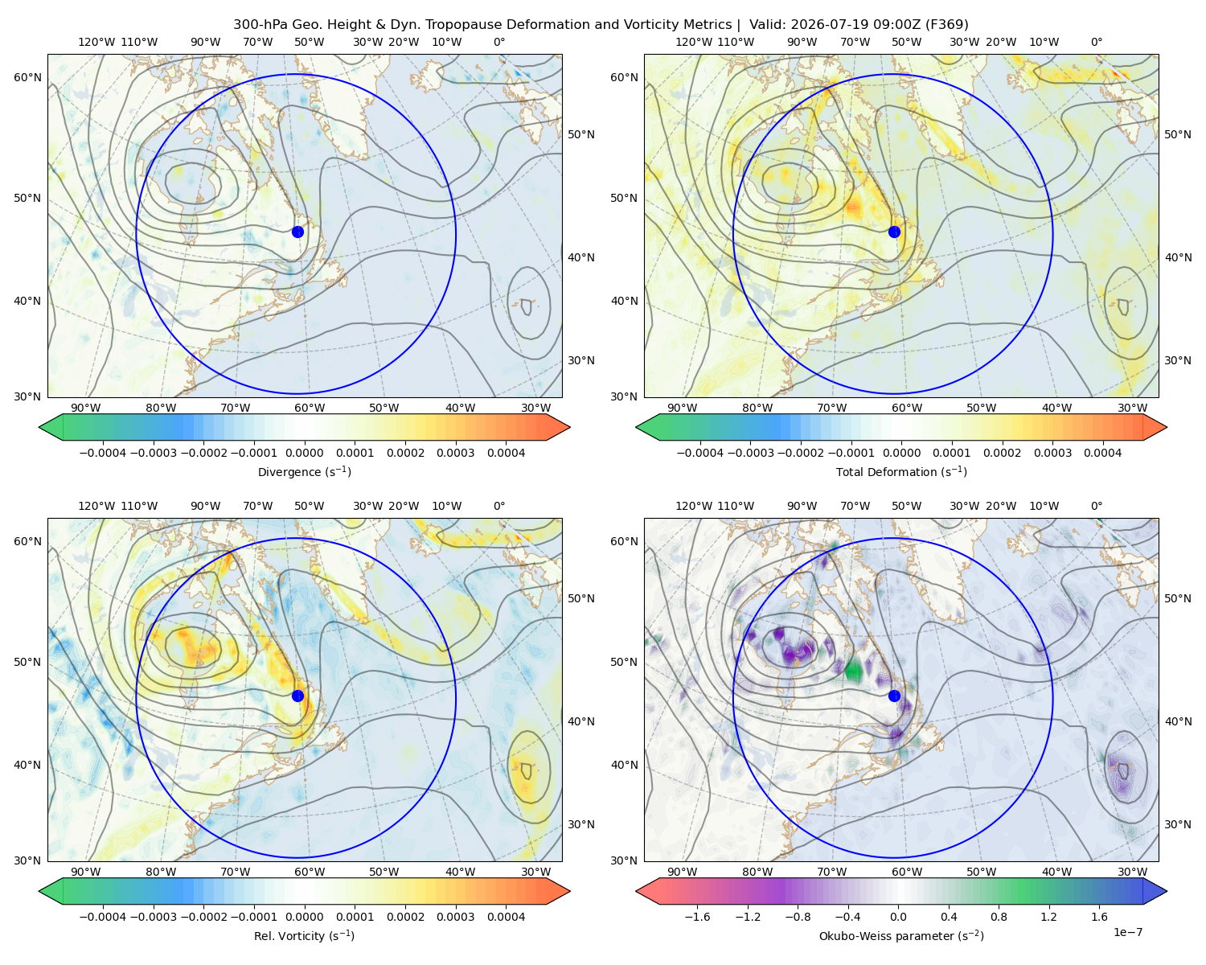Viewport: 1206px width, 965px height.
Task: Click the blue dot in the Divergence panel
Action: (x=297, y=232)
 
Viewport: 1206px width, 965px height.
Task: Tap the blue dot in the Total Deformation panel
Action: (x=894, y=232)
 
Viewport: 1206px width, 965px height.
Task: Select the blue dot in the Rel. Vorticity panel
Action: (x=297, y=696)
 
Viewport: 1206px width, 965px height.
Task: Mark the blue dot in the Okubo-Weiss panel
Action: (x=894, y=696)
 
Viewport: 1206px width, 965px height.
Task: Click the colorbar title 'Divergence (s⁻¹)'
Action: (x=304, y=471)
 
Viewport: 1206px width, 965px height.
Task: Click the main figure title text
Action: (x=601, y=25)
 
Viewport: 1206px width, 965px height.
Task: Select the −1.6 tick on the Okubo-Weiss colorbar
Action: (x=697, y=917)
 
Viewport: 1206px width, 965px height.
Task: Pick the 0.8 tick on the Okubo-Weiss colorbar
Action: (x=999, y=917)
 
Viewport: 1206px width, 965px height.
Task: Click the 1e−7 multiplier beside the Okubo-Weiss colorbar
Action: (x=1127, y=932)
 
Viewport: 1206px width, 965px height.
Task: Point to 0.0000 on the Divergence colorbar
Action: (x=304, y=453)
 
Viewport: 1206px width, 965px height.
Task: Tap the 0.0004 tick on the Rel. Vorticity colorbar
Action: (x=506, y=917)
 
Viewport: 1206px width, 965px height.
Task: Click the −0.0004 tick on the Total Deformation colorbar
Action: (x=700, y=453)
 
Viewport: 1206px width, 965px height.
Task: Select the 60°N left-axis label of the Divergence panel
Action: (x=27, y=77)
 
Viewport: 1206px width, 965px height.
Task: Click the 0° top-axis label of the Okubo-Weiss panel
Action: (x=1096, y=506)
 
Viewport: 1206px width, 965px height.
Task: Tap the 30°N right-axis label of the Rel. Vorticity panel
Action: (x=581, y=824)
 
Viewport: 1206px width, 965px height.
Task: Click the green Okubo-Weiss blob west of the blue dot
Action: (x=854, y=670)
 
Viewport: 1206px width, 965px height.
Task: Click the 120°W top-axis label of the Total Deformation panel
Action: (x=694, y=42)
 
